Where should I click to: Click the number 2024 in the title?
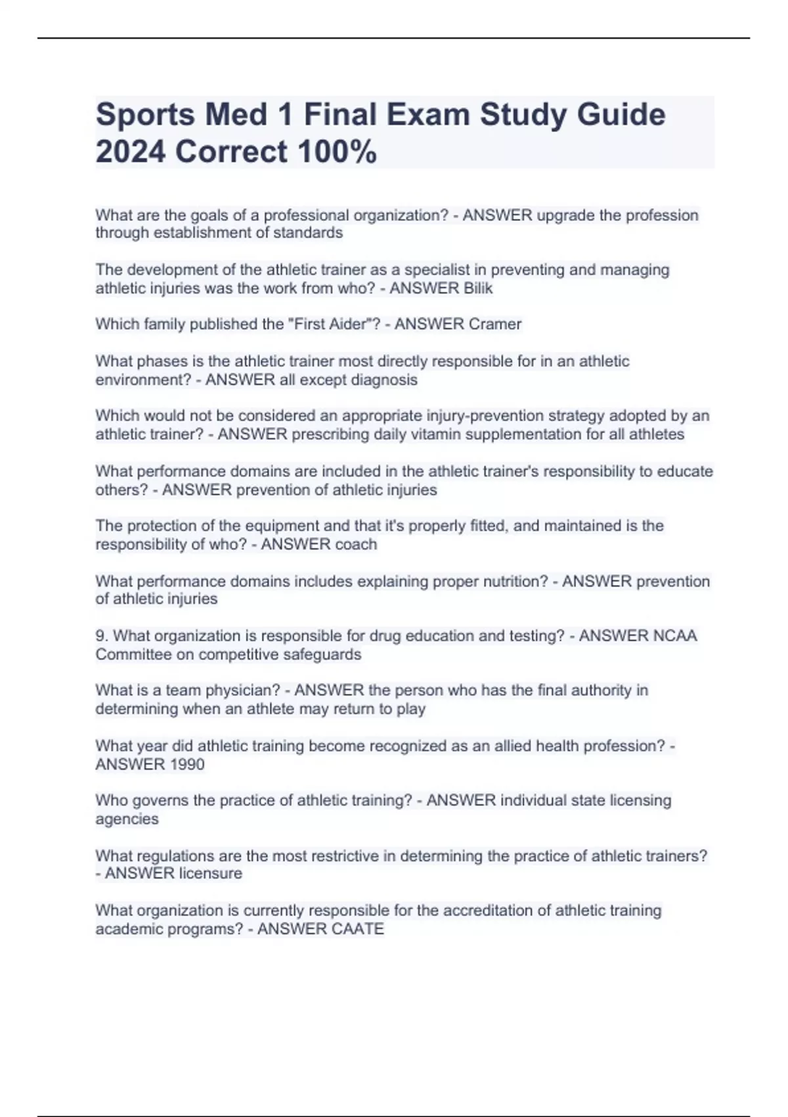click(130, 152)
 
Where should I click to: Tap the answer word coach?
click(355, 544)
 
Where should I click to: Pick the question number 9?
click(102, 636)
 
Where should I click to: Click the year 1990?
click(186, 764)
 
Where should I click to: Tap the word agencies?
click(127, 819)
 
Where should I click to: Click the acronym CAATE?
click(357, 928)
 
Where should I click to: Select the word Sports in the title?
click(145, 114)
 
